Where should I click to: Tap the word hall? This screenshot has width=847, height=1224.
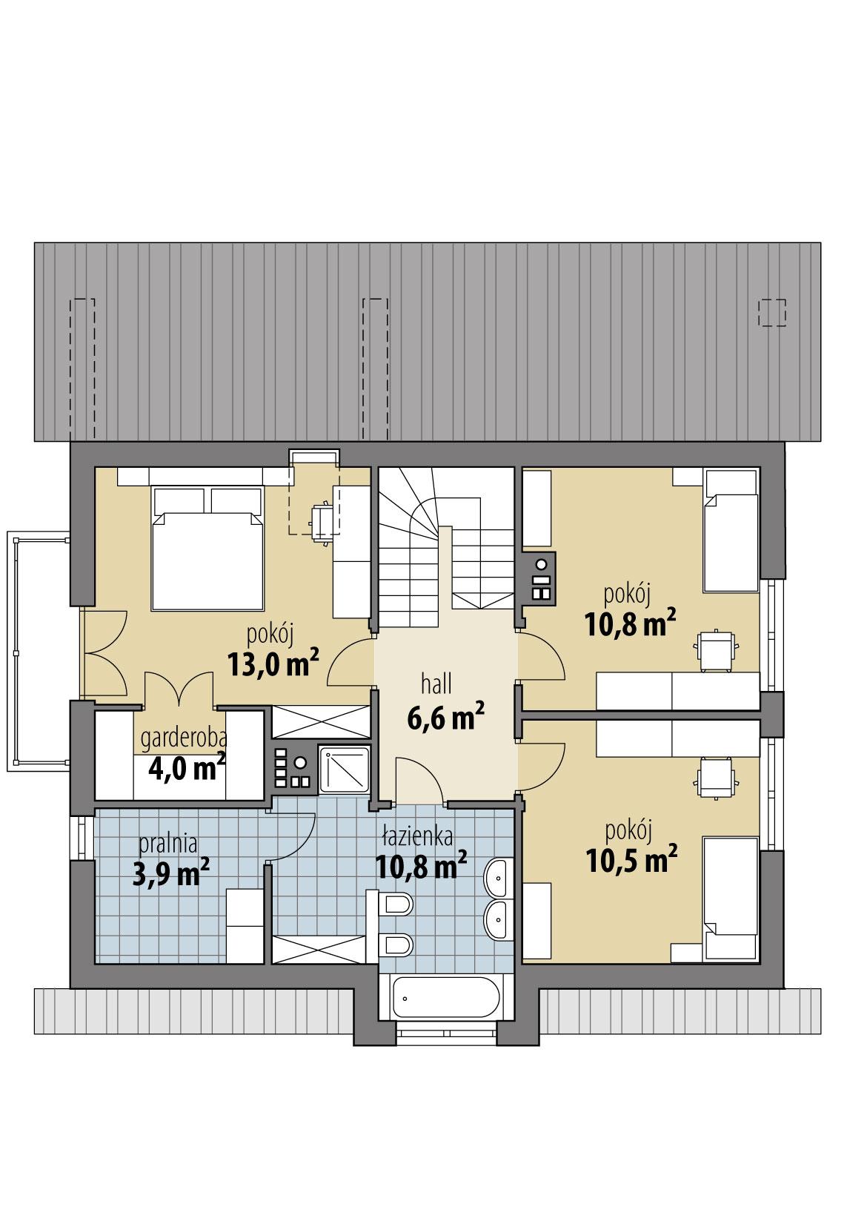pyautogui.click(x=436, y=683)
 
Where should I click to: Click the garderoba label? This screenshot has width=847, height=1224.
pyautogui.click(x=184, y=738)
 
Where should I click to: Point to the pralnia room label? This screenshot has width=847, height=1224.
pyautogui.click(x=167, y=843)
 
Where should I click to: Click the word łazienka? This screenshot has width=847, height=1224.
pyautogui.click(x=417, y=837)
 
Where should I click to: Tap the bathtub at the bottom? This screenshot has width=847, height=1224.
pyautogui.click(x=443, y=997)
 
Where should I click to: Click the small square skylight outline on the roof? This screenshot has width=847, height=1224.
pyautogui.click(x=772, y=312)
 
